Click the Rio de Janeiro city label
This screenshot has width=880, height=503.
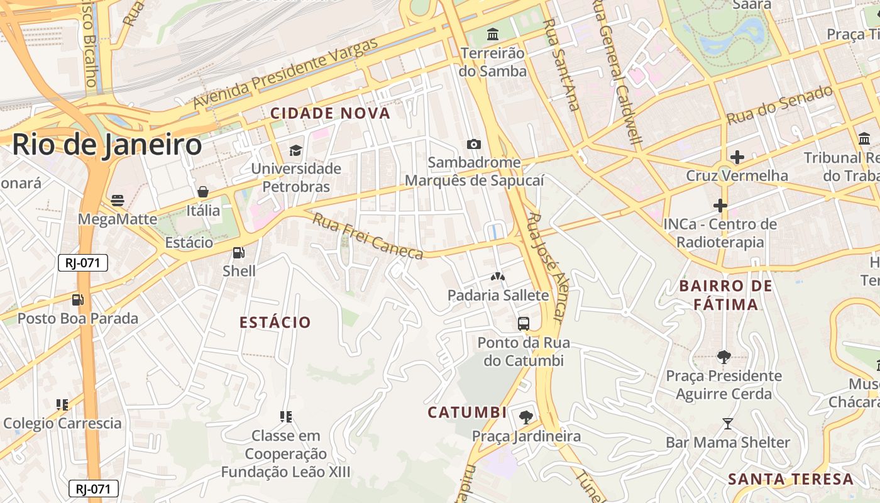tap(107, 145)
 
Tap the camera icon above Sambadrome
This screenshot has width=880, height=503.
tap(474, 144)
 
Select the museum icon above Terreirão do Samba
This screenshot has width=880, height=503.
tap(493, 33)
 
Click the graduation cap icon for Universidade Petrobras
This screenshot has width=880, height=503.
tap(295, 150)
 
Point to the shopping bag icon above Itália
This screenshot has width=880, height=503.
tap(202, 192)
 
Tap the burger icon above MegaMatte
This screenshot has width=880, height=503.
tap(118, 201)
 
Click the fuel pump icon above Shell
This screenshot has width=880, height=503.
tap(238, 253)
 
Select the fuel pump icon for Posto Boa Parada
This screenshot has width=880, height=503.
tap(77, 300)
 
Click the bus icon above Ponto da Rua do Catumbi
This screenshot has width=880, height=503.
tap(523, 324)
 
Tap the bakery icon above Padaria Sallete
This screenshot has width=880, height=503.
tap(498, 277)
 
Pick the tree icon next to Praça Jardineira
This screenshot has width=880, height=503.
tap(525, 417)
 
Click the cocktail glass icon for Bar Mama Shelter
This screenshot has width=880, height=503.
tap(727, 424)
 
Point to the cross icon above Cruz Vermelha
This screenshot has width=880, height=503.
tap(737, 157)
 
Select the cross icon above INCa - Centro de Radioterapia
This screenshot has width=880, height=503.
tap(720, 206)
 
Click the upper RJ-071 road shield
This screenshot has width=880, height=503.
tap(83, 263)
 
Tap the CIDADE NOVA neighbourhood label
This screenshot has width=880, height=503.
tap(330, 113)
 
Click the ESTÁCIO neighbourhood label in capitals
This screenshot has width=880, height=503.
tap(275, 323)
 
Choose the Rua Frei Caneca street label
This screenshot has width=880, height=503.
tap(368, 236)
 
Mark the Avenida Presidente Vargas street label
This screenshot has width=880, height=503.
tap(286, 72)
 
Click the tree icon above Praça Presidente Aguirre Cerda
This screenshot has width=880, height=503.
tap(723, 357)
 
